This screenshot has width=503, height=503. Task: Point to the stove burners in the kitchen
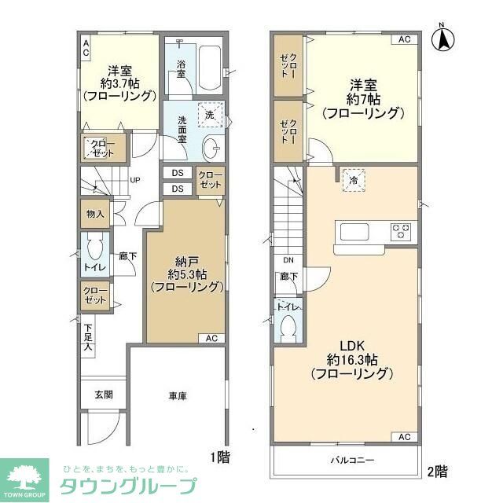click(402, 232)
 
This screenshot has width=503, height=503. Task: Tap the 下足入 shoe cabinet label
click(89, 336)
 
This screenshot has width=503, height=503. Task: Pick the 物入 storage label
click(95, 214)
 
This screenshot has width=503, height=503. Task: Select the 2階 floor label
click(438, 472)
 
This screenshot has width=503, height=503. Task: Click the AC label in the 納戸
click(211, 339)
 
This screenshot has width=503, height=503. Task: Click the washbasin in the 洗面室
click(211, 147)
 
